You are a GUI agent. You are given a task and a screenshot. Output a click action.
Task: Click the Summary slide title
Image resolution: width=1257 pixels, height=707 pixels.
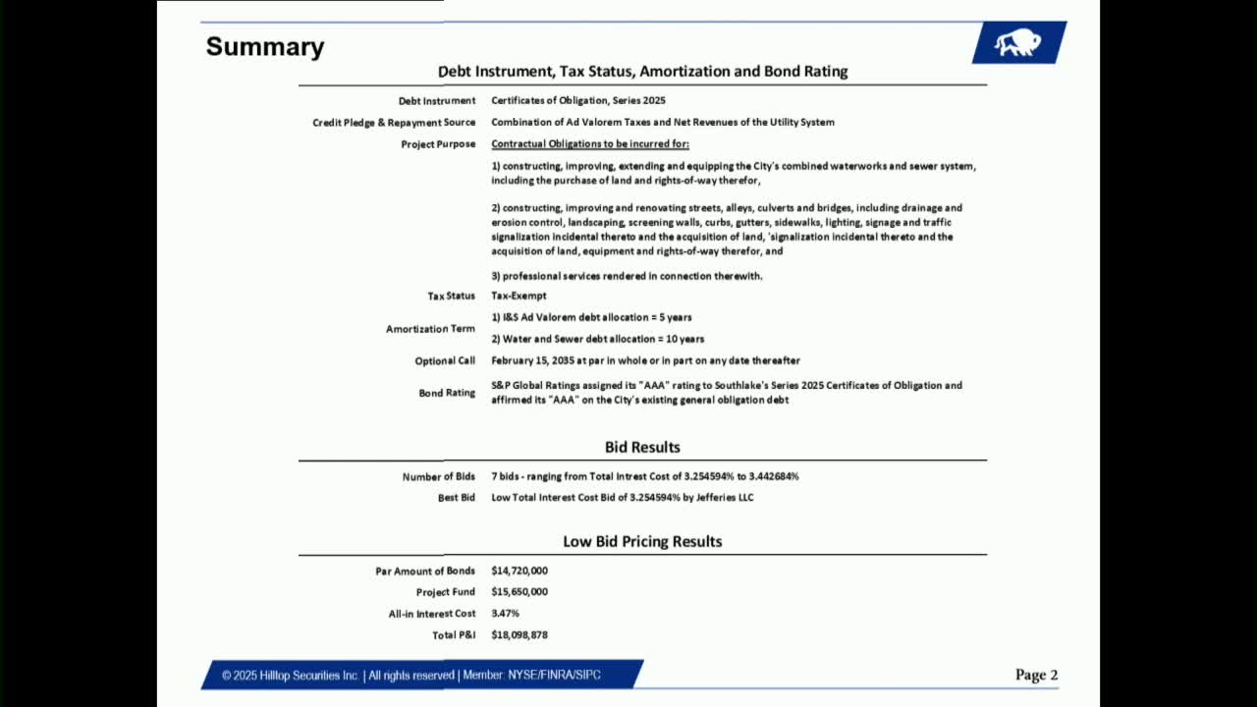tap(264, 47)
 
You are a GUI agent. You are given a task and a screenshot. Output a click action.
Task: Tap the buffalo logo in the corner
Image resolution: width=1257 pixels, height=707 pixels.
tap(1017, 42)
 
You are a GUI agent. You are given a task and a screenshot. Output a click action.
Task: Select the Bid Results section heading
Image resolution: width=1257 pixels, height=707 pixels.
tap(642, 447)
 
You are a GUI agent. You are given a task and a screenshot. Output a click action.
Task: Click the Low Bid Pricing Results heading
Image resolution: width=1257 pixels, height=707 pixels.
tap(642, 541)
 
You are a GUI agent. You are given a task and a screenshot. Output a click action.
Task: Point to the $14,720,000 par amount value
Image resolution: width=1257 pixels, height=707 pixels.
tap(519, 571)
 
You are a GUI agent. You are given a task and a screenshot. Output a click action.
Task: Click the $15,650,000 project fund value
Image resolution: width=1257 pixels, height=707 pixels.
tap(519, 592)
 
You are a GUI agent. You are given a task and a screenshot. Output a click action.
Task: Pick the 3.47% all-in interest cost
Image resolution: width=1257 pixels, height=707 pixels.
tap(505, 614)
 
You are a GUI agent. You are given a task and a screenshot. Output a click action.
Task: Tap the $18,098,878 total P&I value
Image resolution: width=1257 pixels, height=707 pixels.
tap(519, 635)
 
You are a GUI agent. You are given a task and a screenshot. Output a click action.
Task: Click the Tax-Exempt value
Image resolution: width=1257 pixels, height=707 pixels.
tap(519, 296)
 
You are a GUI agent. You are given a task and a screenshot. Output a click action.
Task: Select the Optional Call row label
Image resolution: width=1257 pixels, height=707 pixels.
tap(444, 360)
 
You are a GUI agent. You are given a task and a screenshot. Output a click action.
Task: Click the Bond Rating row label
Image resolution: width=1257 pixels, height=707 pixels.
tap(447, 393)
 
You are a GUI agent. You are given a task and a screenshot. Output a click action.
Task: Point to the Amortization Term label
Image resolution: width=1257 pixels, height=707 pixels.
tap(430, 329)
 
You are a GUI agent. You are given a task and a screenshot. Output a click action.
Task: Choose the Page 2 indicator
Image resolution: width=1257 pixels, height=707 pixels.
tap(1036, 675)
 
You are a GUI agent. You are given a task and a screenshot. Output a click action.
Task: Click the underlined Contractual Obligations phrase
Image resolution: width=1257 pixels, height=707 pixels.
tap(590, 144)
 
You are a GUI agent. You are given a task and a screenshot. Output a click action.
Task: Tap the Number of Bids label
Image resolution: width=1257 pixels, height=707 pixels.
tap(438, 477)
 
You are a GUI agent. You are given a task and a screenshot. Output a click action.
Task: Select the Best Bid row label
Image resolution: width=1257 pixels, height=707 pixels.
tap(456, 498)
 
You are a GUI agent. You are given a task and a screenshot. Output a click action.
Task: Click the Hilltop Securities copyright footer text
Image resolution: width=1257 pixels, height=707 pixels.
tap(410, 675)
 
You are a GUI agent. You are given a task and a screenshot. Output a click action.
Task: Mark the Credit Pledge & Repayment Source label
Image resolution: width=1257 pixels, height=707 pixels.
tap(394, 123)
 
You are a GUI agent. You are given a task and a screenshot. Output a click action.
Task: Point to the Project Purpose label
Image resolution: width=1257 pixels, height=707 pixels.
tap(437, 144)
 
